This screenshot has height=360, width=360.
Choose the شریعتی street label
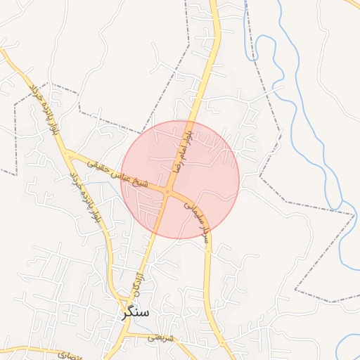[x=161, y=338]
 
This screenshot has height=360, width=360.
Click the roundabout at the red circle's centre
[x=168, y=191]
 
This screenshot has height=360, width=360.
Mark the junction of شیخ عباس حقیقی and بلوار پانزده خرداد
[x=69, y=153]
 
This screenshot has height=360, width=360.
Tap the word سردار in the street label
[x=205, y=233]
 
